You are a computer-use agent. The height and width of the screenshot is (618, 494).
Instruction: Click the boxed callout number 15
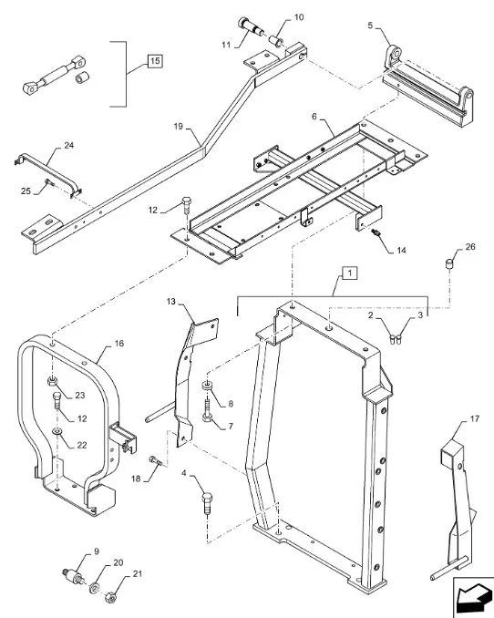pyautogui.click(x=154, y=62)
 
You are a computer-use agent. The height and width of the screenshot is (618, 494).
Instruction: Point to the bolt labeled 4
pyautogui.click(x=208, y=500)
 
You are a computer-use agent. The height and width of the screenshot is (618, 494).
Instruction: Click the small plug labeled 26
pyautogui.click(x=449, y=265)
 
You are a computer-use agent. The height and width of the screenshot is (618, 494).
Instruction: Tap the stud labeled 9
pyautogui.click(x=70, y=576)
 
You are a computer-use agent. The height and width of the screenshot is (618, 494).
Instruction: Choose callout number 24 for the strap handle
pyautogui.click(x=68, y=147)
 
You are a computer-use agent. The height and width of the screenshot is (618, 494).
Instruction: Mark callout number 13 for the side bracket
pyautogui.click(x=170, y=301)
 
